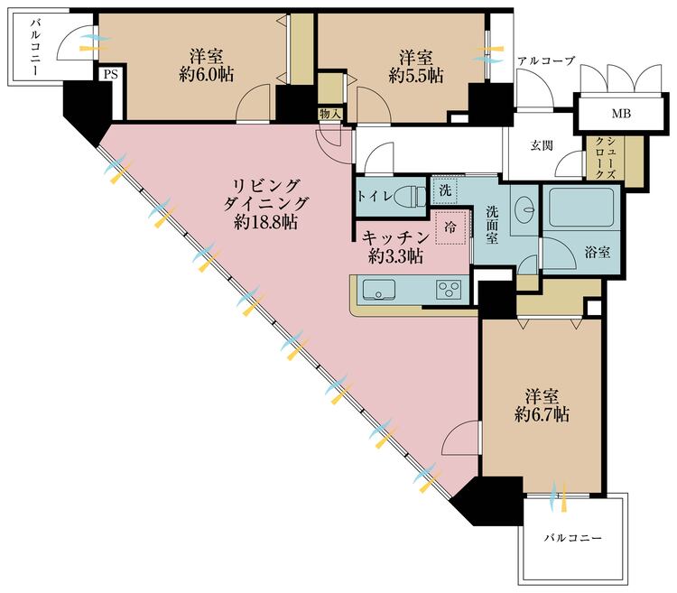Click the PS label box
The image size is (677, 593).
(x=109, y=76)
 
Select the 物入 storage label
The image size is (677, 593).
(x=330, y=113)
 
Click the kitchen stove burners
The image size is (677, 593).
(x=450, y=290)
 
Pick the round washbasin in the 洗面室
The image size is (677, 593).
(x=524, y=207)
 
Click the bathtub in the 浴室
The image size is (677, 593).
(x=581, y=209)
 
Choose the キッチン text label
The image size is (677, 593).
(x=391, y=237)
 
